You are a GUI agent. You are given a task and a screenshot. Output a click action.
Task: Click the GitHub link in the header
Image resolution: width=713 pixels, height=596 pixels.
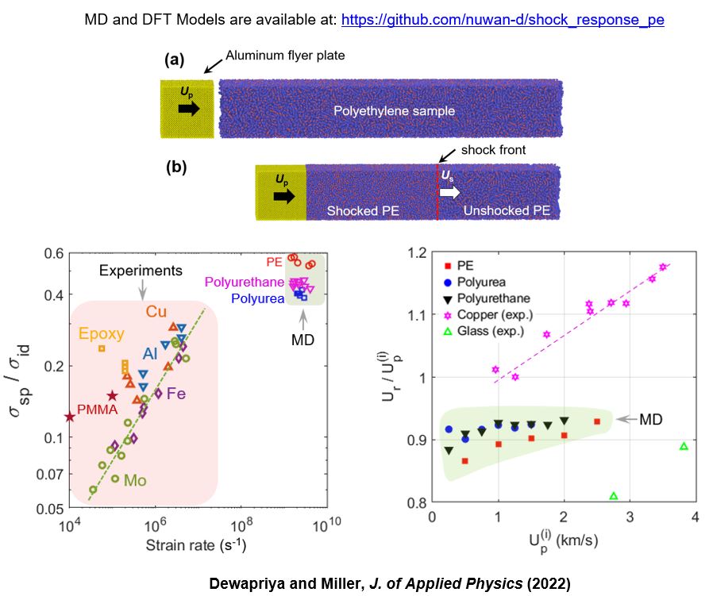click(x=503, y=20)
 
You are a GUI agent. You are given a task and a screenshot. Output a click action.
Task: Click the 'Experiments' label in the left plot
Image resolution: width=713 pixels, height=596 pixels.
click(x=141, y=271)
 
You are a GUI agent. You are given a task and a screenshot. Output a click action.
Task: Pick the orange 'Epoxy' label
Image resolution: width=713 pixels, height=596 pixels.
click(x=102, y=334)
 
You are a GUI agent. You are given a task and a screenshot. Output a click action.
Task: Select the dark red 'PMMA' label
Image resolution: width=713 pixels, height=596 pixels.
click(x=97, y=410)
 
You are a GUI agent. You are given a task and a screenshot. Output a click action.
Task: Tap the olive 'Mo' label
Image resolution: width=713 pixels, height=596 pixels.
click(x=135, y=479)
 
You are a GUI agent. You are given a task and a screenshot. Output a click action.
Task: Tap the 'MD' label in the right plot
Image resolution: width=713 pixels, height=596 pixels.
click(x=651, y=418)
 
